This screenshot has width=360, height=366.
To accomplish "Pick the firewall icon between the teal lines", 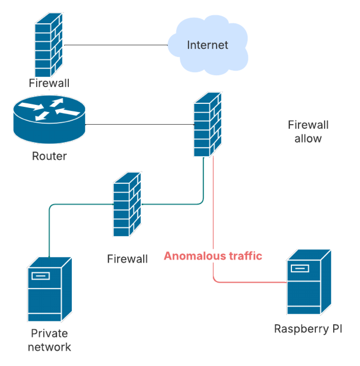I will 127,204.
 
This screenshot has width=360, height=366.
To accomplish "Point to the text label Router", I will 49,156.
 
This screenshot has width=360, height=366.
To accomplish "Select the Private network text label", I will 49,340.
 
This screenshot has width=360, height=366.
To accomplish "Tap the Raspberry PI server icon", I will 308,282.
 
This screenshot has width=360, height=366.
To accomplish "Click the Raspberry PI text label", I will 308,329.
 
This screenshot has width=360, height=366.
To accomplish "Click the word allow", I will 308,138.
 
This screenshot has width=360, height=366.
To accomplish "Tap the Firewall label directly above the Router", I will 49,83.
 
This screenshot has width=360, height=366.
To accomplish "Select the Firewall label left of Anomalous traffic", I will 127,259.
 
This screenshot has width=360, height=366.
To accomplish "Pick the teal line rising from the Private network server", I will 50,234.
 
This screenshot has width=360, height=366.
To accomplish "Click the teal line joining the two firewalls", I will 172,204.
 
